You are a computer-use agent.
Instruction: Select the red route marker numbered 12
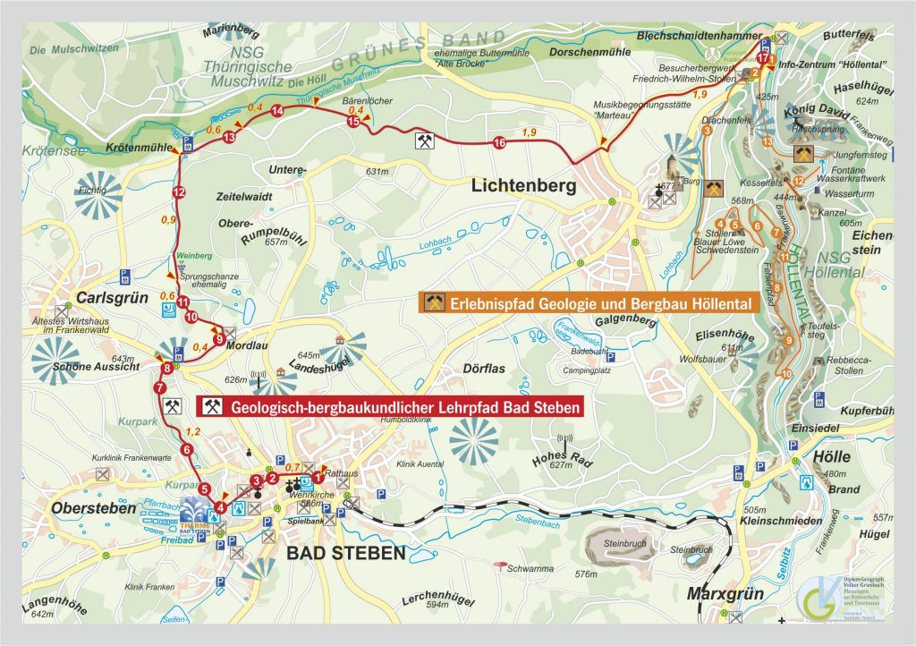(x=179, y=192)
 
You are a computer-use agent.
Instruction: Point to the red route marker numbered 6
(x=186, y=450)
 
